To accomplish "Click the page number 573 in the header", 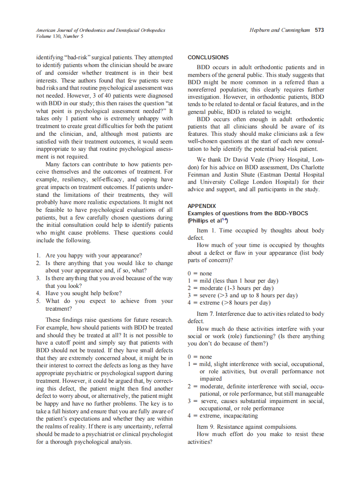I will pos(319,31).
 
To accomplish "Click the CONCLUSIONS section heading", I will pos(208,58).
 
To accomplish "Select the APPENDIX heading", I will pos(202,206).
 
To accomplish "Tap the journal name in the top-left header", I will pos(101,31).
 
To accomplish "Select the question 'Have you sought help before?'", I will pos(83,293).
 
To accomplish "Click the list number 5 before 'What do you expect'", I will pos(38,301).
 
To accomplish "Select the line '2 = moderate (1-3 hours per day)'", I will pos(230,288).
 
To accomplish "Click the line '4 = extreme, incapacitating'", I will pos(223,416).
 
